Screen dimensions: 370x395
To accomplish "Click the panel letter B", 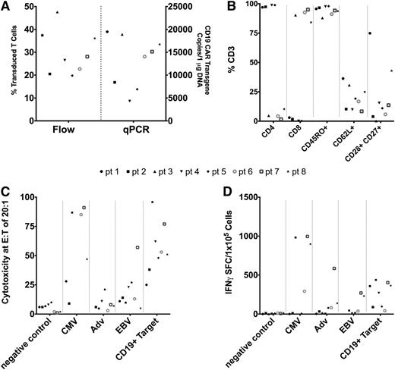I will [x=214, y=8].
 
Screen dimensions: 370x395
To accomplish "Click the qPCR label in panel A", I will [x=137, y=131].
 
